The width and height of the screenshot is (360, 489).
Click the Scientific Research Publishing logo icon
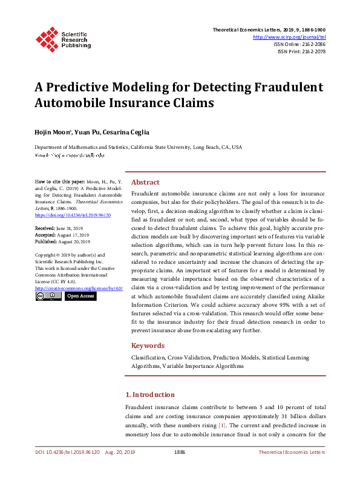coord(47,38)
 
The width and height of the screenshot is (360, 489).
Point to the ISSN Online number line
coord(299,44)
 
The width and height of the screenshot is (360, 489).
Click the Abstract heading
coord(145,182)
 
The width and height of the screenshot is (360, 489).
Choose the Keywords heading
coord(148,346)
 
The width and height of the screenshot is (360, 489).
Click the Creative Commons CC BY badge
coord(48,296)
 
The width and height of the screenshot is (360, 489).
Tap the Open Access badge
coord(80,296)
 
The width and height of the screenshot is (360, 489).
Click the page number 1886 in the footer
coord(179,452)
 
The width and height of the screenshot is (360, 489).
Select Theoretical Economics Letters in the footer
coord(292,452)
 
